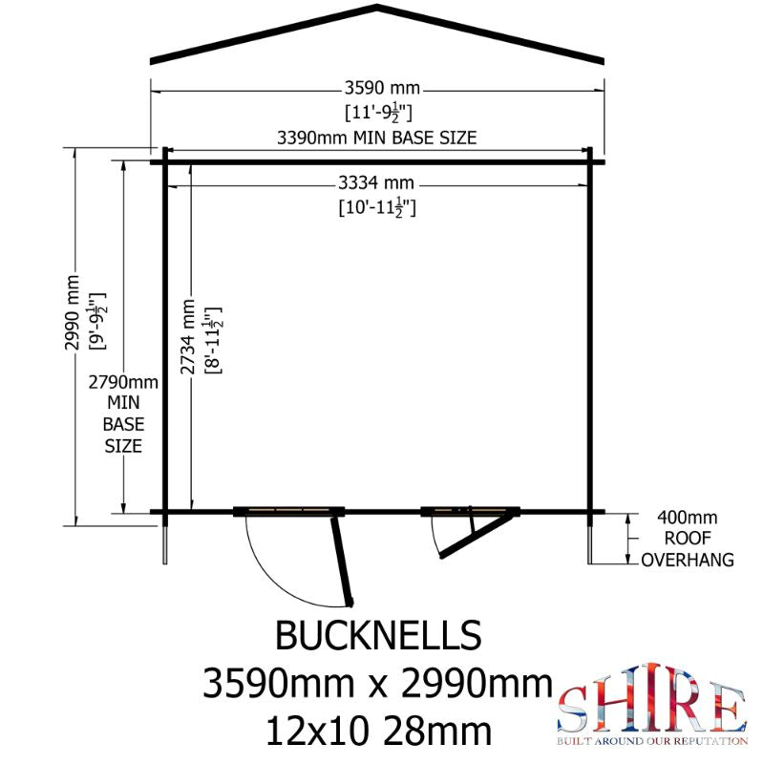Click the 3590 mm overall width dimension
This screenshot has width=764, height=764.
(x=382, y=88)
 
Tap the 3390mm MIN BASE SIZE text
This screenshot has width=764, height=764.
(x=376, y=138)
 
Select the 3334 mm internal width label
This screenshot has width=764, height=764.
(x=376, y=183)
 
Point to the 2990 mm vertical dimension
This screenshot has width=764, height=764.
(x=73, y=312)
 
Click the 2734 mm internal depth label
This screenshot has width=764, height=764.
(x=187, y=337)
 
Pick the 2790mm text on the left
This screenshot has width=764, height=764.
(x=123, y=382)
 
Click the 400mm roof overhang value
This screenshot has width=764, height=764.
(x=687, y=517)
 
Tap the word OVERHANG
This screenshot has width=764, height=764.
(x=688, y=560)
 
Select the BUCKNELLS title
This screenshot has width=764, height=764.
(x=378, y=635)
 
